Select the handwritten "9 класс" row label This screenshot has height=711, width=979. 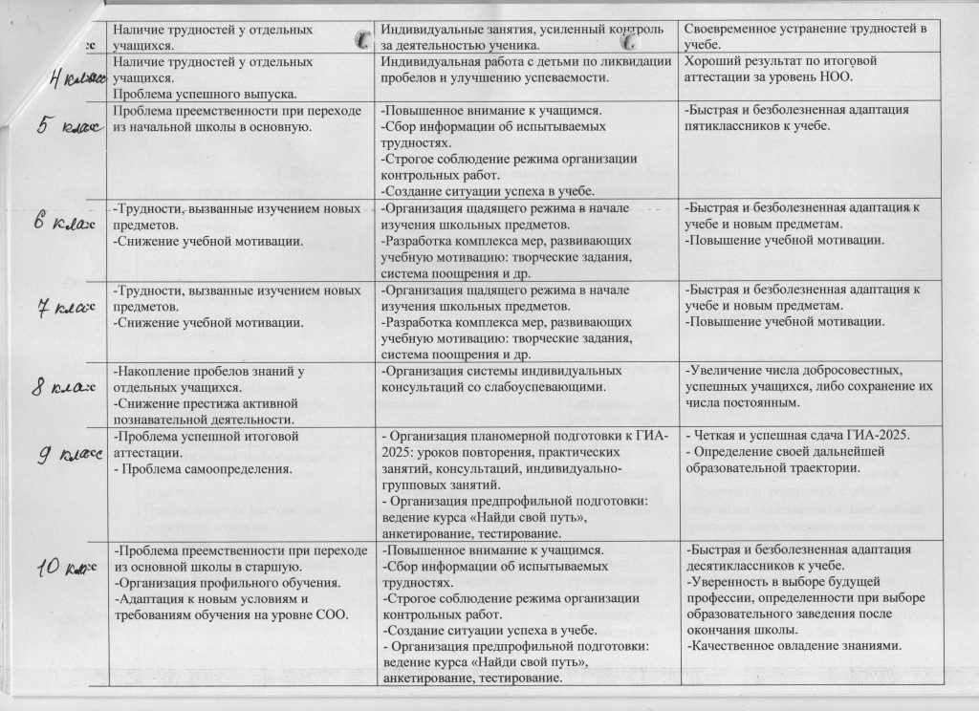[x=59, y=455]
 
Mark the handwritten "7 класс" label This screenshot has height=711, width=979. [x=57, y=308]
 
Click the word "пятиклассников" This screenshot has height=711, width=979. [x=733, y=126]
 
